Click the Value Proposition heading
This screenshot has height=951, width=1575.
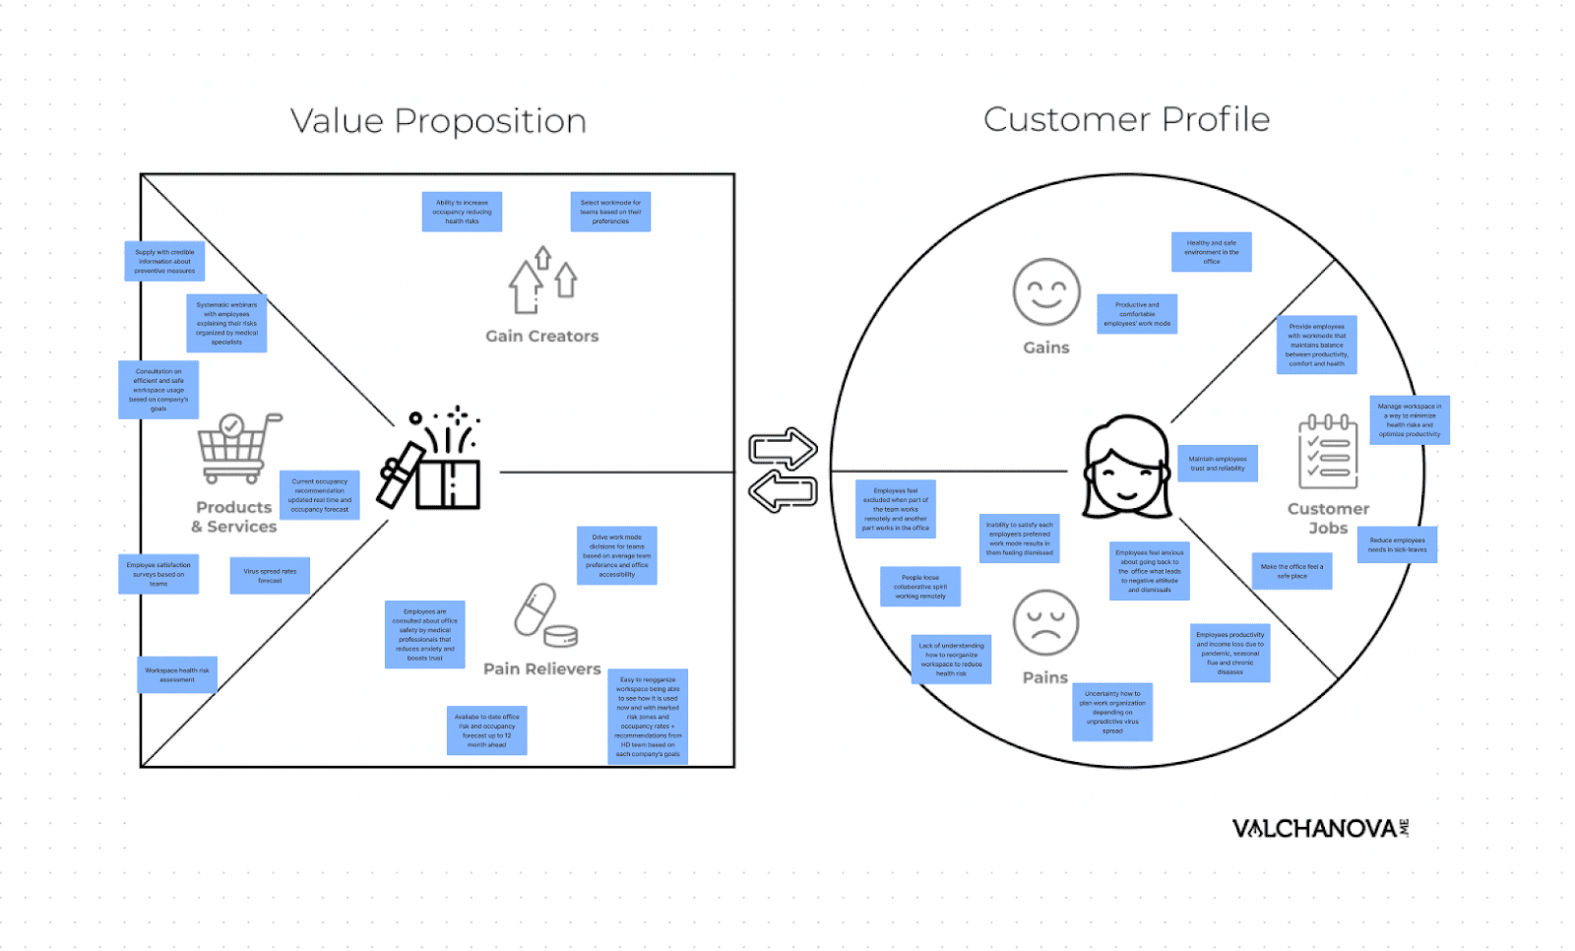(x=438, y=121)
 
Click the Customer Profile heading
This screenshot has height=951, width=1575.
(x=1126, y=119)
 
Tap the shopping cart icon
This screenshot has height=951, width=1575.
(x=236, y=448)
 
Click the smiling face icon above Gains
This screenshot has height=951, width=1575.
(x=1045, y=292)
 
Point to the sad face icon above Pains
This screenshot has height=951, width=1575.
(x=1045, y=622)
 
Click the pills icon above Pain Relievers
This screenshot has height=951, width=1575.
(x=543, y=615)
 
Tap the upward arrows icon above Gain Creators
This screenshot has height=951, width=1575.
(x=542, y=280)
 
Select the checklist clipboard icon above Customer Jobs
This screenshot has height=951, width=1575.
(x=1328, y=452)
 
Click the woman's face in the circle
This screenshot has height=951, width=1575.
(x=1127, y=468)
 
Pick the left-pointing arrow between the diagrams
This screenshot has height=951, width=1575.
(x=783, y=491)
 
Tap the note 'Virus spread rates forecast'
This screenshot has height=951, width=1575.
(x=270, y=576)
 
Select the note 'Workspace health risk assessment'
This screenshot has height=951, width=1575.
(x=177, y=675)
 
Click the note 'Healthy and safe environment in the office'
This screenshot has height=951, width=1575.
(x=1211, y=252)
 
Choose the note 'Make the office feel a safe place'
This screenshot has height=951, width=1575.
(x=1291, y=571)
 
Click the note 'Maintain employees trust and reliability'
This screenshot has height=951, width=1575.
(x=1217, y=464)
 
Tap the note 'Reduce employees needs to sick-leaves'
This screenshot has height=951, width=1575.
(x=1397, y=544)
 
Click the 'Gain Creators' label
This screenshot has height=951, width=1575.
(x=541, y=337)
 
